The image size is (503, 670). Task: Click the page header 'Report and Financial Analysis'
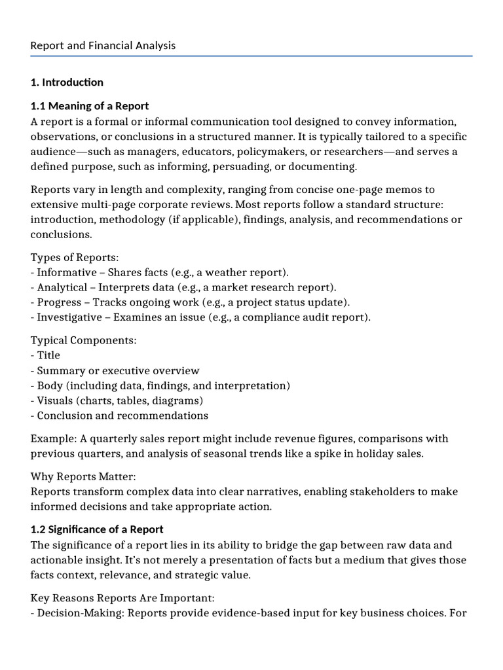click(103, 46)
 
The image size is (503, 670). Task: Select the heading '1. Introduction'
click(67, 82)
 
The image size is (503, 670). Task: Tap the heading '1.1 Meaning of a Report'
click(90, 106)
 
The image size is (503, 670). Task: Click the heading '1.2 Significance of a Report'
click(97, 529)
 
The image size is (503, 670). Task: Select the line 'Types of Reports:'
click(75, 258)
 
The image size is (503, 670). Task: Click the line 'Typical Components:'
click(83, 341)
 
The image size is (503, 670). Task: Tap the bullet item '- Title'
click(45, 355)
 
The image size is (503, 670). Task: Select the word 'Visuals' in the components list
click(56, 400)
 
